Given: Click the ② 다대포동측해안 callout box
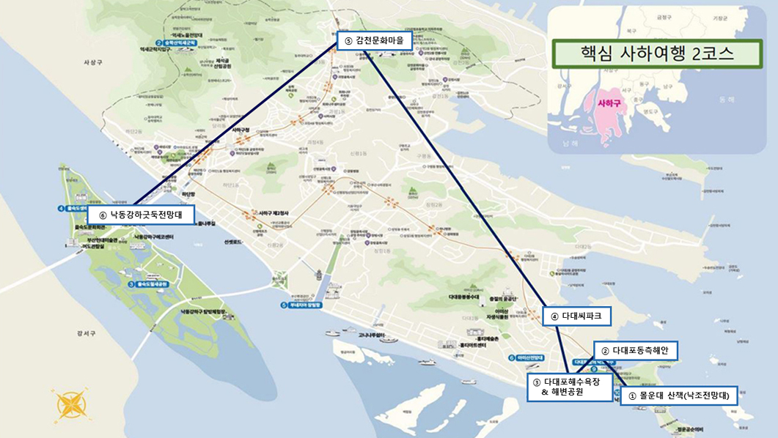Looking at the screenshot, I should [x=635, y=351].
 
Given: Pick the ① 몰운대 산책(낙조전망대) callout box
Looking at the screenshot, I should [x=678, y=396].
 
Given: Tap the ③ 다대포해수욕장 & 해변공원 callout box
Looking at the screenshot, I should [x=570, y=387].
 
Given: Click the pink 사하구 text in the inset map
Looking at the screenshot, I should [x=609, y=104].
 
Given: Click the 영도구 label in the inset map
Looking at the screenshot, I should [x=648, y=112].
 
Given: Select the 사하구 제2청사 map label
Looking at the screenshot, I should [x=274, y=213].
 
